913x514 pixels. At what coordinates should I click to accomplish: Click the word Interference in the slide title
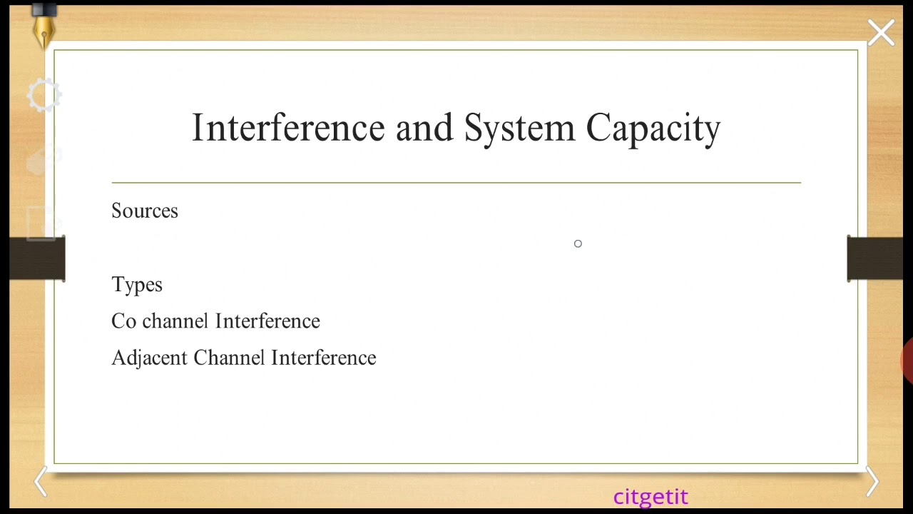[x=288, y=128]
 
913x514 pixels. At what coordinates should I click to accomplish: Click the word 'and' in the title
[x=424, y=128]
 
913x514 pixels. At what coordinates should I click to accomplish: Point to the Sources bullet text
[x=145, y=211]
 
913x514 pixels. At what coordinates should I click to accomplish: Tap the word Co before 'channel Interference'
[x=123, y=321]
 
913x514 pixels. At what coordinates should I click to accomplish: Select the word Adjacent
[x=149, y=358]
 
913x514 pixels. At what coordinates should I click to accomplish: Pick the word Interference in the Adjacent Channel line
[x=323, y=358]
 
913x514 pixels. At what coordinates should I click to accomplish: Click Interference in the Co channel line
[x=267, y=321]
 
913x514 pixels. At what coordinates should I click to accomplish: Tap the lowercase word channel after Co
[x=175, y=321]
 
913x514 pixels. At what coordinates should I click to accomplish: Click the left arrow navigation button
[x=41, y=482]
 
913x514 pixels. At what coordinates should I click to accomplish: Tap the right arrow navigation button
[x=872, y=482]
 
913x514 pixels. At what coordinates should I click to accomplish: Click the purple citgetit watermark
[x=651, y=497]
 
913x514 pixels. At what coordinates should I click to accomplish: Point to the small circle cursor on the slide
[x=578, y=244]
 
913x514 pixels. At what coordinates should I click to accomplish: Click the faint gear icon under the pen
[x=44, y=96]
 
